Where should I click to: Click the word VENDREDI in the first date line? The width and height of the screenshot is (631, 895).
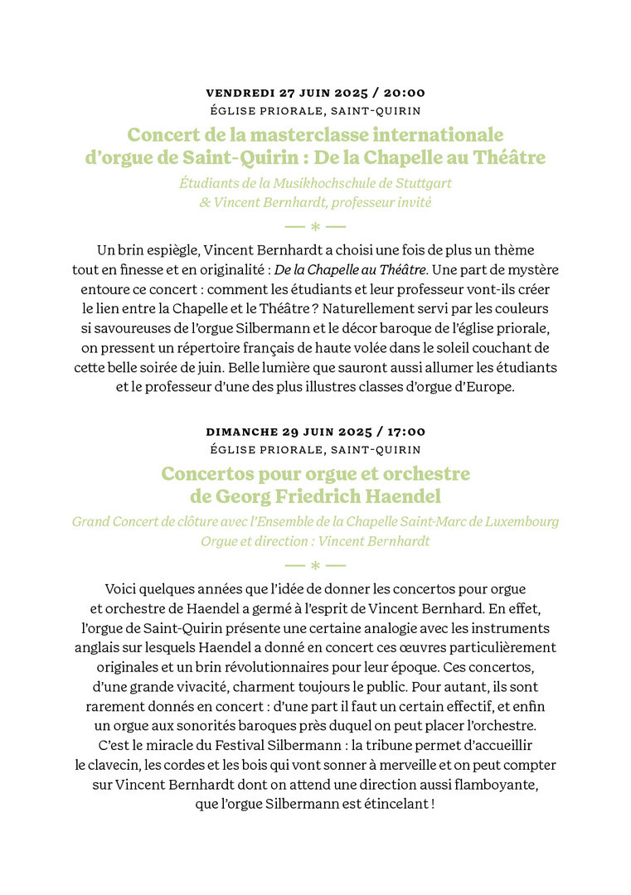click(238, 93)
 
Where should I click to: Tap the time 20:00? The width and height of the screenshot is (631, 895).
click(403, 93)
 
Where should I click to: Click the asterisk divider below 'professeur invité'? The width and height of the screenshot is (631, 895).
click(315, 225)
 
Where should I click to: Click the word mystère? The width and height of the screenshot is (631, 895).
click(530, 269)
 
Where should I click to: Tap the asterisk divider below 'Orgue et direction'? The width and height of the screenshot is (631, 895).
click(315, 565)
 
